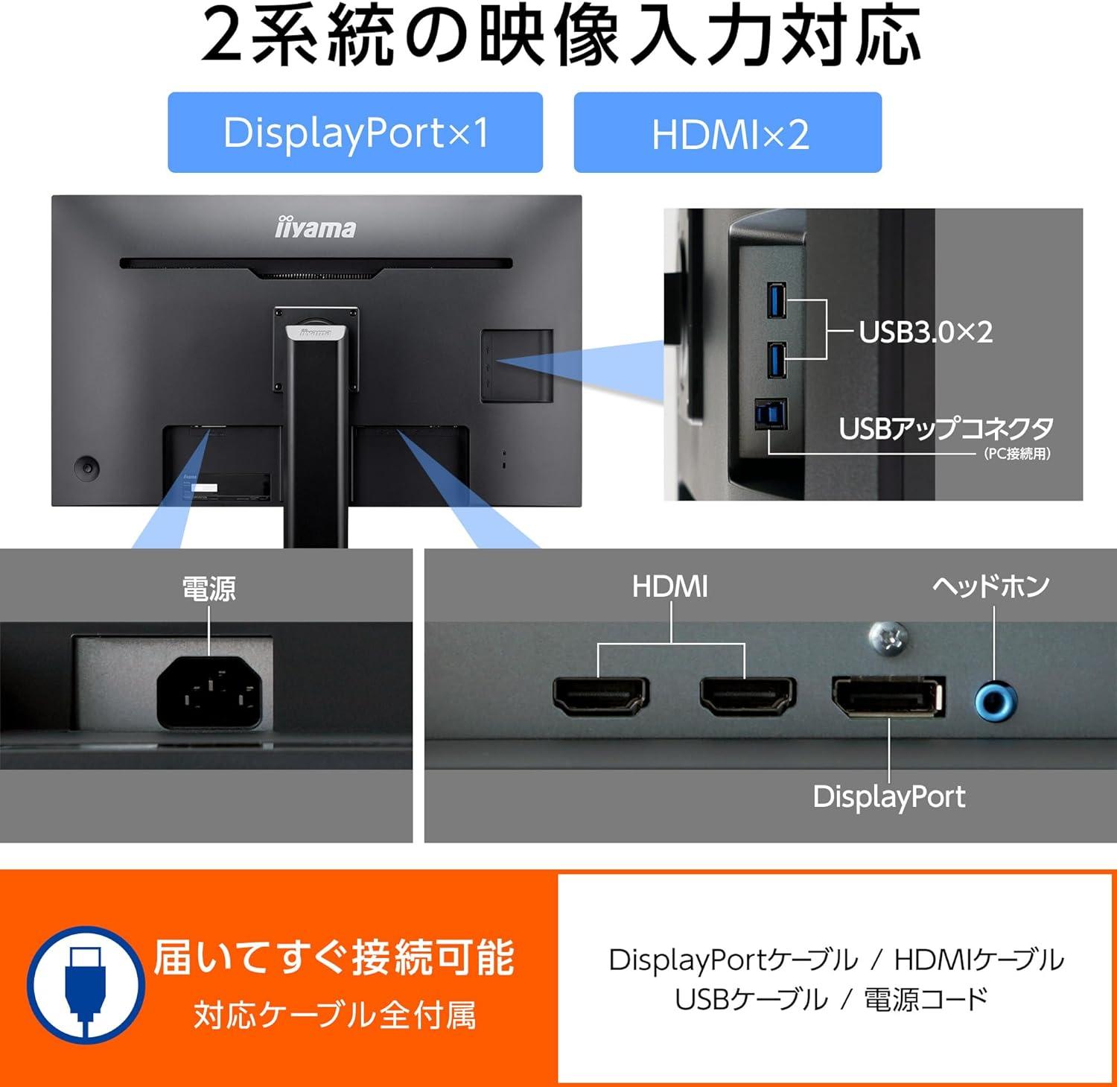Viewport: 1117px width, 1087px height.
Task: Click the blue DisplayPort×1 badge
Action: coord(355,133)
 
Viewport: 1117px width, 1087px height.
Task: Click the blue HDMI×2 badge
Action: coord(728,133)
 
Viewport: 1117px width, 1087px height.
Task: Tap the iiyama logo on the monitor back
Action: coord(316,227)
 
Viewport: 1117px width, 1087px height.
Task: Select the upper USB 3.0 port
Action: coord(777,299)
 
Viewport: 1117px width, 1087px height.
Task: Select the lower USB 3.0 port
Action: coord(777,361)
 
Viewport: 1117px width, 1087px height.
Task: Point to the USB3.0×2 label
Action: coord(926,332)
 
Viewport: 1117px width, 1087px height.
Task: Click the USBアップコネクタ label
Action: coord(946,428)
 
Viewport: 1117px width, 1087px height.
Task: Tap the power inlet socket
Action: coord(209,694)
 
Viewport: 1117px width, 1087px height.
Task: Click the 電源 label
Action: coord(209,589)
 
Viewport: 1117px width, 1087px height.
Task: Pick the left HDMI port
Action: coord(600,696)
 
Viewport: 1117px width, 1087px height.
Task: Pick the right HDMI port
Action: coord(747,696)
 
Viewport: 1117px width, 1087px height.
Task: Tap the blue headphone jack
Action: coord(996,701)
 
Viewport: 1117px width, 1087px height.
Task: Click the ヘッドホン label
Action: coord(991,586)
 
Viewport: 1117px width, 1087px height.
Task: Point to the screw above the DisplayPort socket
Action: coord(888,638)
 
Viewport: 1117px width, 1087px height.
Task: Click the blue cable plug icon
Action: coord(86,983)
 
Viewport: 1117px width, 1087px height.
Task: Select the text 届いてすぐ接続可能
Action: coord(334,957)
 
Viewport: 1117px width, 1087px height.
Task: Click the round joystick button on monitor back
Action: coord(87,468)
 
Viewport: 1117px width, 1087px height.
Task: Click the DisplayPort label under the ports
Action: coord(889,796)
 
